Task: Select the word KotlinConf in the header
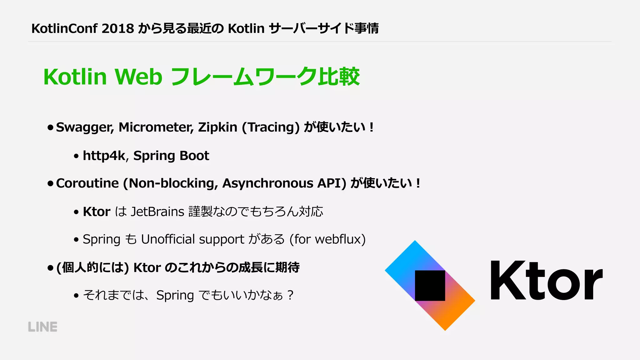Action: (x=64, y=28)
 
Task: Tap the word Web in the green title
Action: (x=138, y=77)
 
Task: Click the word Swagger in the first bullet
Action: (x=85, y=127)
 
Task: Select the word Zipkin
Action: (x=217, y=127)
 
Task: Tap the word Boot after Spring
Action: (x=194, y=156)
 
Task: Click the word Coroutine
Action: (x=87, y=183)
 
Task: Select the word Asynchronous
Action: (x=267, y=183)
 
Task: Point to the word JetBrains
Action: (x=157, y=212)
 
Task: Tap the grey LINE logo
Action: (x=43, y=327)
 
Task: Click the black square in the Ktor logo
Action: (x=430, y=286)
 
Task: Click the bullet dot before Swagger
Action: (x=50, y=127)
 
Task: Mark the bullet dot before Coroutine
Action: (x=50, y=183)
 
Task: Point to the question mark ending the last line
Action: (x=290, y=295)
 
